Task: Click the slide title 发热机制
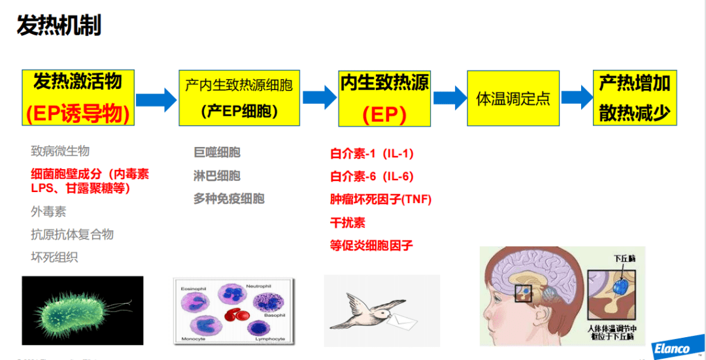tap(59, 26)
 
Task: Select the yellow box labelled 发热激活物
tap(78, 98)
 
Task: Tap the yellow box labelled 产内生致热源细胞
tap(239, 98)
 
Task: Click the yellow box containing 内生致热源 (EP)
tap(384, 98)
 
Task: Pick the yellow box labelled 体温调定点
tap(513, 98)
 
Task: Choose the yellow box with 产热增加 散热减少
tap(634, 98)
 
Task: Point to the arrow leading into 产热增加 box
tap(577, 97)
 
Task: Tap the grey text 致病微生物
tap(60, 151)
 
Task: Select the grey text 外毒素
tap(48, 212)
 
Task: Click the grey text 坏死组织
tap(54, 257)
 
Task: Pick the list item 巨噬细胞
tap(216, 152)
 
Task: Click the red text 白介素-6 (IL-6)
tap(371, 176)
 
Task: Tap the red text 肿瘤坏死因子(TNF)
tap(380, 199)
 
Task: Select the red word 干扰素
tap(348, 222)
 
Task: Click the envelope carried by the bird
tap(401, 320)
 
